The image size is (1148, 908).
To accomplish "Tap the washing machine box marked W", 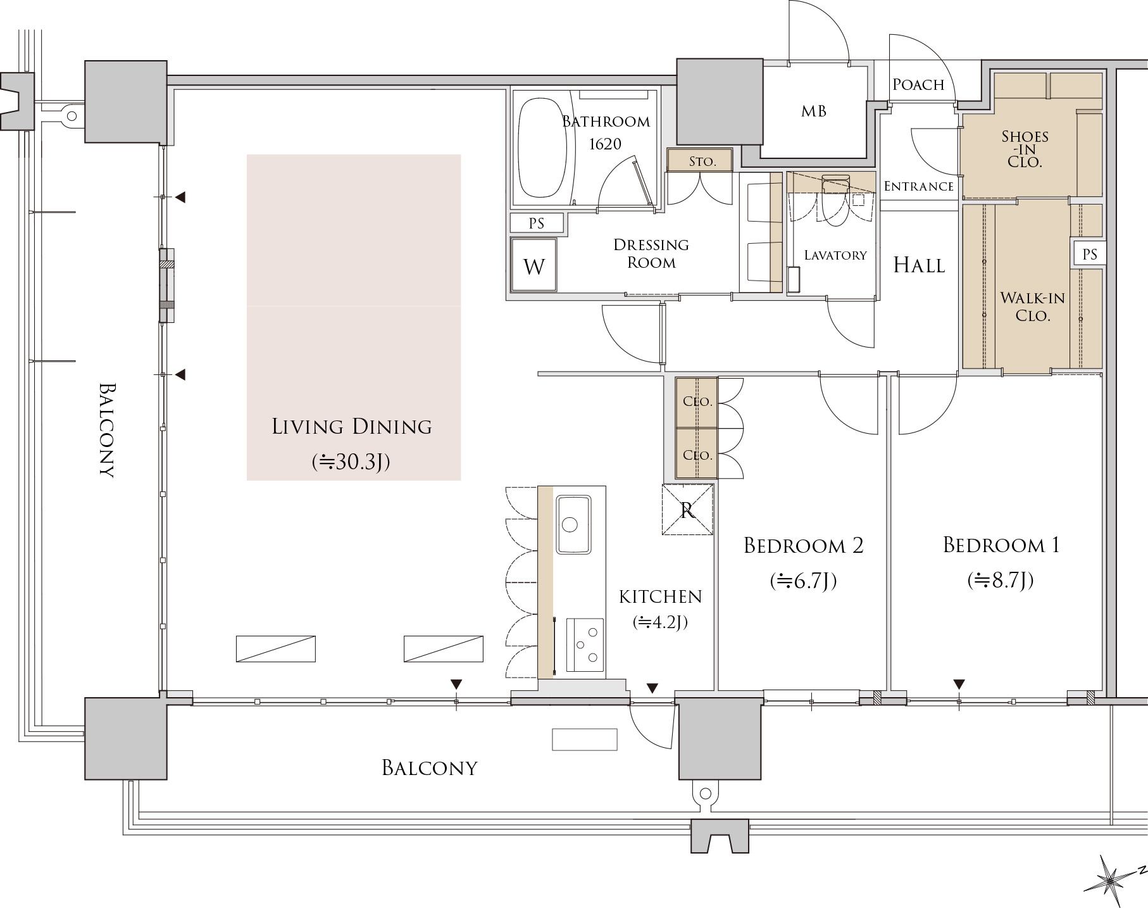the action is [533, 265].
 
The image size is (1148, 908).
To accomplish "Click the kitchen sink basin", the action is [573, 524].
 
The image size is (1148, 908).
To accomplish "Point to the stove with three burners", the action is [585, 645].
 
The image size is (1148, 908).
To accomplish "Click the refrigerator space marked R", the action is [688, 510].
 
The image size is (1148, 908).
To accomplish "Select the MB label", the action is [814, 111].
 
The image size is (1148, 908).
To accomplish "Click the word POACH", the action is [918, 84].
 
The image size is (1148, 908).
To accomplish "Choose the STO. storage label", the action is [702, 161].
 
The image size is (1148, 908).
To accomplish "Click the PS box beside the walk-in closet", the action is [1089, 255].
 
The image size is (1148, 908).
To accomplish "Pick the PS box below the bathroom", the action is [537, 223].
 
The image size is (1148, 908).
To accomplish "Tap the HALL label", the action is [919, 265].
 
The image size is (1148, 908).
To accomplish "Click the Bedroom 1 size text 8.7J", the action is [1001, 580].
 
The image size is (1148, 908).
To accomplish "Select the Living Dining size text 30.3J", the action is [351, 462].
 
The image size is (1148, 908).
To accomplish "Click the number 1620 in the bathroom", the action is [605, 144].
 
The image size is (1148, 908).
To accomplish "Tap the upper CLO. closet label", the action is [697, 401].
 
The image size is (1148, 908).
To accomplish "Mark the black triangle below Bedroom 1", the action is [959, 684].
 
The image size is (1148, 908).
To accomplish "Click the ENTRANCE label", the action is [918, 186].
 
